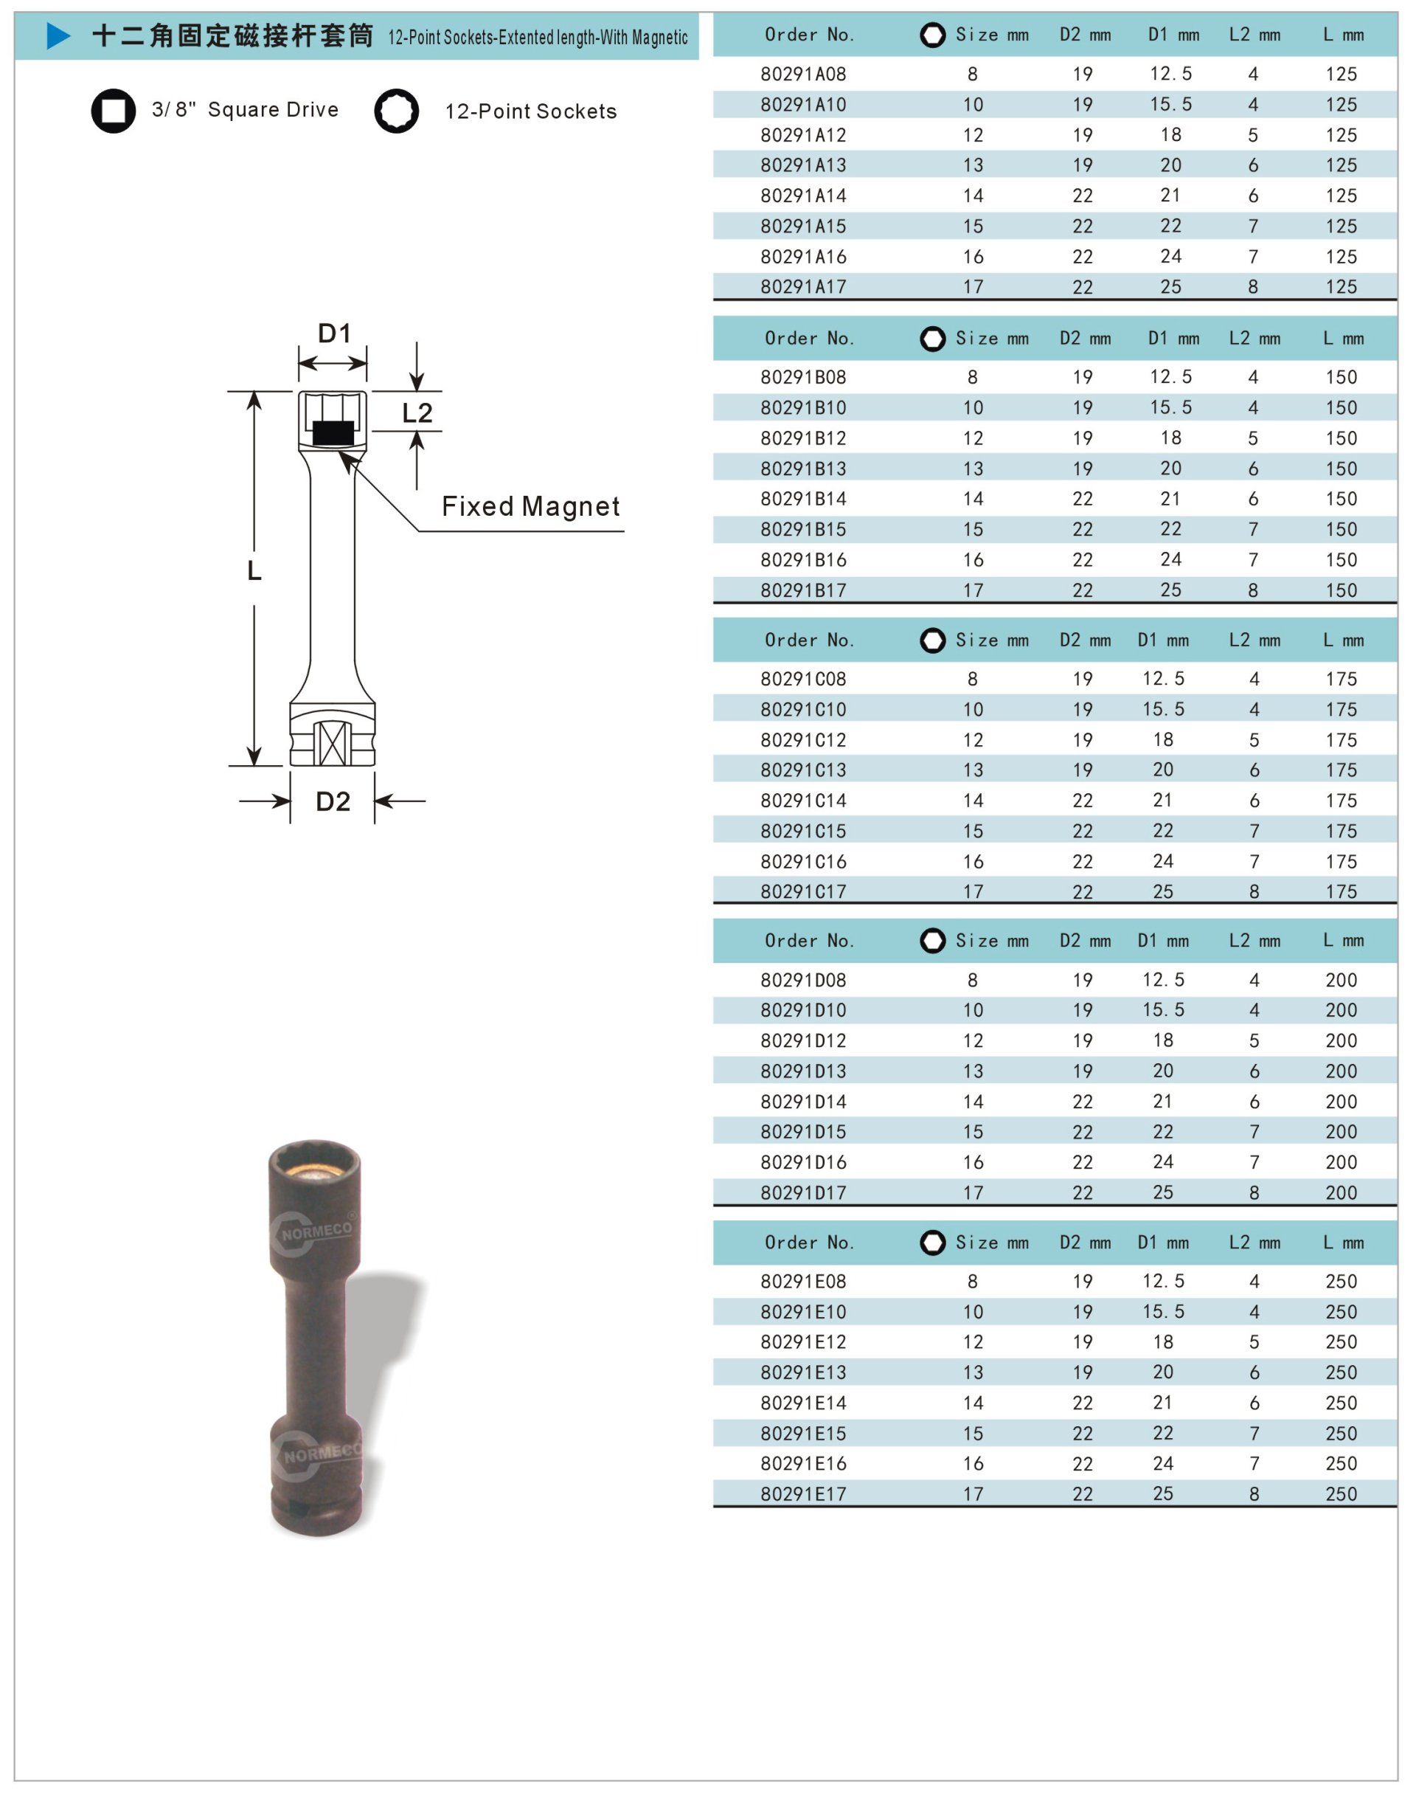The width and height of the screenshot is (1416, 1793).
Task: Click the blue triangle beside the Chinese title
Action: (58, 35)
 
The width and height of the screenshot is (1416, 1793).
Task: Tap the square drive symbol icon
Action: (114, 110)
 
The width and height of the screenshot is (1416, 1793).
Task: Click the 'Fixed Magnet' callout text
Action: (530, 506)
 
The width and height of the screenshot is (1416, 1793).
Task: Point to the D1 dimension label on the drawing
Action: (335, 334)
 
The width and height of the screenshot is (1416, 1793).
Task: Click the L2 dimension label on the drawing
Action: (417, 412)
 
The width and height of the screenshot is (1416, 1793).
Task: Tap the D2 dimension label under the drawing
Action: (333, 801)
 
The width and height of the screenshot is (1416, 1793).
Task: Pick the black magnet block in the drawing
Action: (333, 433)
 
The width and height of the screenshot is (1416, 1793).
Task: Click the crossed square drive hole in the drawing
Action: (333, 743)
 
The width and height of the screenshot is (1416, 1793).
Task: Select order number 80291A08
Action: (803, 74)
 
